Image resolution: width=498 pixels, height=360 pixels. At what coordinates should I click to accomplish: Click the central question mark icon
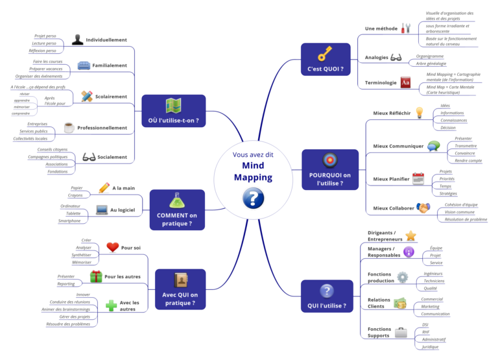pyautogui.click(x=253, y=198)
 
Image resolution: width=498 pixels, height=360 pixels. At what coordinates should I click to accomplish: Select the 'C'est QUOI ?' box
pyautogui.click(x=326, y=60)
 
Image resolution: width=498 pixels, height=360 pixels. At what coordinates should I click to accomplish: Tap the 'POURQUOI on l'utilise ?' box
pyautogui.click(x=329, y=170)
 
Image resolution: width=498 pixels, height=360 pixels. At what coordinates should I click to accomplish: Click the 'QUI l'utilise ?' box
pyautogui.click(x=327, y=296)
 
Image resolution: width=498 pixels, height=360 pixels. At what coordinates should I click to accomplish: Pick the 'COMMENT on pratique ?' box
pyautogui.click(x=177, y=210)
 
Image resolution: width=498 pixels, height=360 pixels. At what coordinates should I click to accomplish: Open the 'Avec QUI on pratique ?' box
pyautogui.click(x=180, y=289)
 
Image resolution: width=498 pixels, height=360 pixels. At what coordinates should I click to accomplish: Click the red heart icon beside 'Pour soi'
pyautogui.click(x=113, y=247)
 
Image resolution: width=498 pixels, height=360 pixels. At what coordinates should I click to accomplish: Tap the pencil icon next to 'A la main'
pyautogui.click(x=104, y=187)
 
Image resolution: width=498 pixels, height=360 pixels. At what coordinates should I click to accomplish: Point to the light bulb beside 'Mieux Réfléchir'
pyautogui.click(x=420, y=113)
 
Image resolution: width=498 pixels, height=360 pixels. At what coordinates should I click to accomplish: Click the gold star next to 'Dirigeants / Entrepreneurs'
pyautogui.click(x=410, y=235)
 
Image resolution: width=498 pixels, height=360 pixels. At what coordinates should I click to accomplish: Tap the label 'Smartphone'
pyautogui.click(x=69, y=221)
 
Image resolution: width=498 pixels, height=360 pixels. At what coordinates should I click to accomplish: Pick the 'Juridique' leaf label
pyautogui.click(x=431, y=346)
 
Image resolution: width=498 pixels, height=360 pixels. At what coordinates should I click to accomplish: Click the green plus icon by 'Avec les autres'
pyautogui.click(x=112, y=305)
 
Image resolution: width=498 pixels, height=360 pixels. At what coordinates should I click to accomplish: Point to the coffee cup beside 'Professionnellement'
pyautogui.click(x=69, y=128)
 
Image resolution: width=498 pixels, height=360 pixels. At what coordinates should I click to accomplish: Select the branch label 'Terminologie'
pyautogui.click(x=381, y=82)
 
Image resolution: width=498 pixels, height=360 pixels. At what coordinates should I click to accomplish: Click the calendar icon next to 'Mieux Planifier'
pyautogui.click(x=418, y=178)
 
